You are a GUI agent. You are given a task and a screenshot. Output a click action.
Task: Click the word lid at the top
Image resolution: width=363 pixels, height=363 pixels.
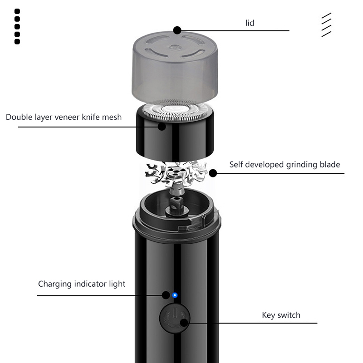click(250, 23)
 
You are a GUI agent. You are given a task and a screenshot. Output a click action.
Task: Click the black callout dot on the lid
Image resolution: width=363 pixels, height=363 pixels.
click(177, 30)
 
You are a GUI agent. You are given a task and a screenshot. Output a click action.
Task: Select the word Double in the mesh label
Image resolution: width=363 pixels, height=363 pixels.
click(19, 117)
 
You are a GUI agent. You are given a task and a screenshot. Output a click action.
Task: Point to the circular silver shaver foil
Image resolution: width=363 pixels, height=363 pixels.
click(175, 111)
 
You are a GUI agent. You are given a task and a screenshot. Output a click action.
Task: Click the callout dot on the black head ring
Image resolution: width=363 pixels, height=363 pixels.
click(162, 127)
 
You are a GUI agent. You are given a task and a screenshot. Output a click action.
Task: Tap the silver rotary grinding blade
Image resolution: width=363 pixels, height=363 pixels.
click(176, 174)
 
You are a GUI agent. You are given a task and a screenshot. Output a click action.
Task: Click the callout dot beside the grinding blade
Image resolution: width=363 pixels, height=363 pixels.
click(213, 173)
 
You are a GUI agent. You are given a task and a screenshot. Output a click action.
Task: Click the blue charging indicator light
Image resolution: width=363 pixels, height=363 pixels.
click(175, 295)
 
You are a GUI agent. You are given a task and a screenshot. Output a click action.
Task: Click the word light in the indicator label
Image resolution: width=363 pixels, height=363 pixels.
click(118, 284)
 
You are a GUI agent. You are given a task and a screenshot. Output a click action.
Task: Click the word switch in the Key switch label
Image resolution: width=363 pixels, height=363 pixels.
click(289, 315)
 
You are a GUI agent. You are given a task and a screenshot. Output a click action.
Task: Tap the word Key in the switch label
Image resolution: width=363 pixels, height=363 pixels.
click(269, 315)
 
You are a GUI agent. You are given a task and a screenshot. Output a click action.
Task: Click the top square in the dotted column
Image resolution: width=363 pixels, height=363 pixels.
click(17, 11)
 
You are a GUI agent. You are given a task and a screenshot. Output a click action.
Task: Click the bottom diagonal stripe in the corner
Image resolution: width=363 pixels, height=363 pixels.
click(326, 34)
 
